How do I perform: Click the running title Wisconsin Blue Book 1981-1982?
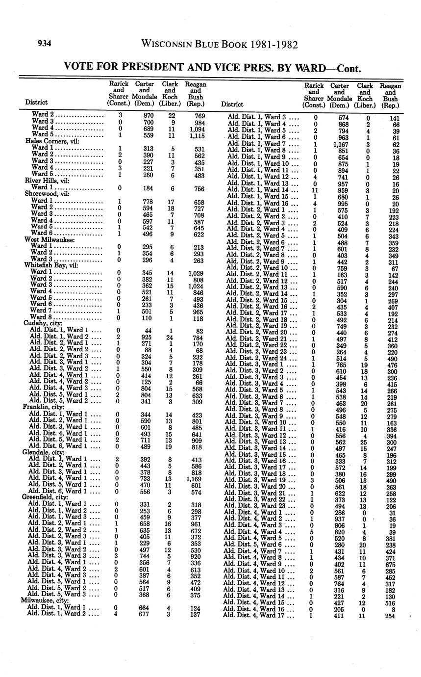pos(219,44)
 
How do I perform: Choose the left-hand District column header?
pos(36,103)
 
